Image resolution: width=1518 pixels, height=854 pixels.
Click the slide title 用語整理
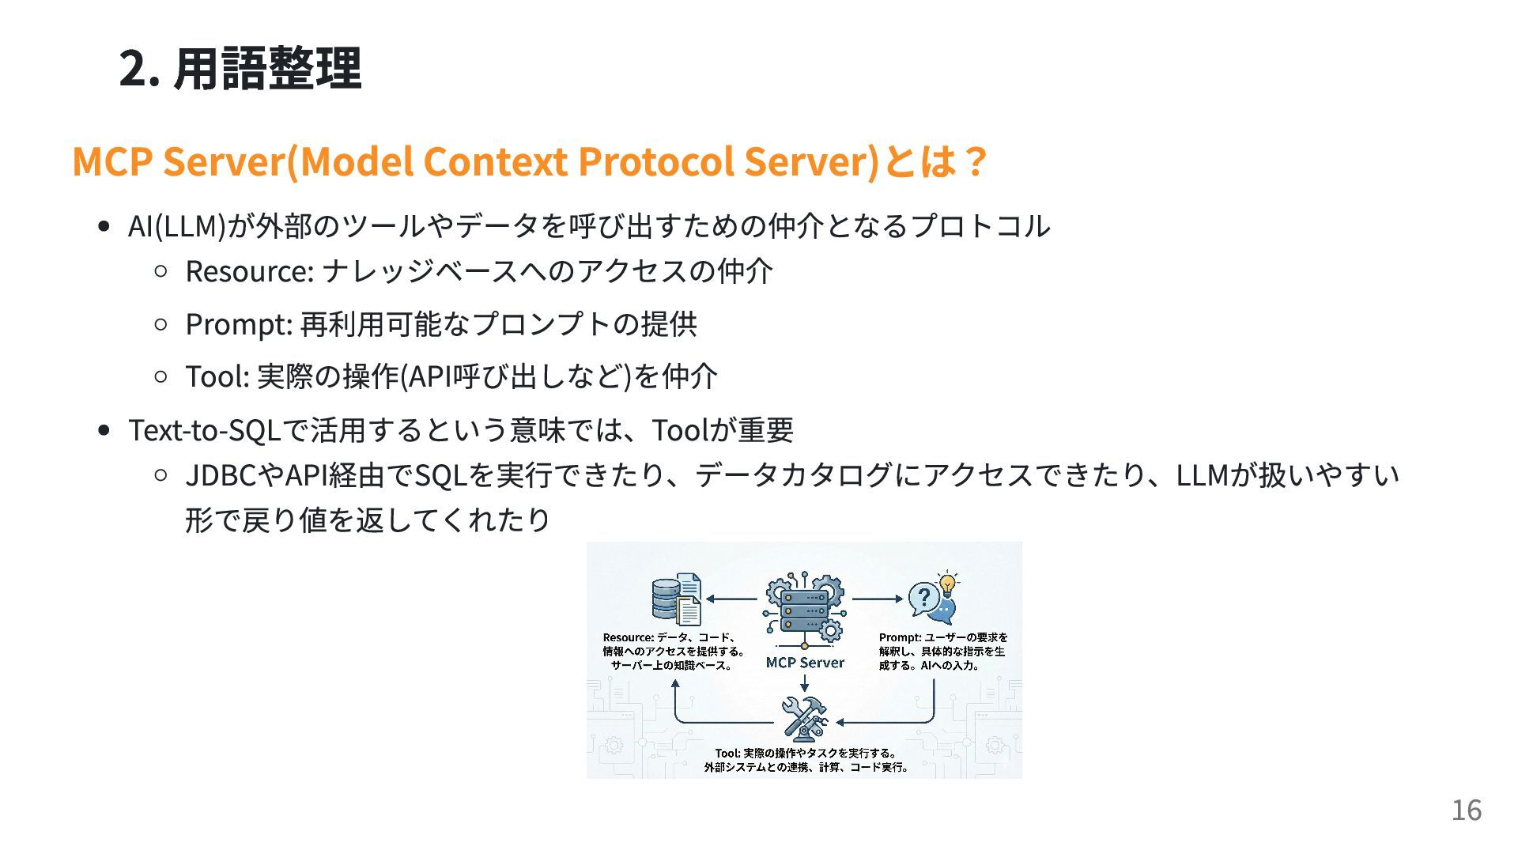coord(267,69)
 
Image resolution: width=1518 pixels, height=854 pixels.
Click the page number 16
coord(1466,811)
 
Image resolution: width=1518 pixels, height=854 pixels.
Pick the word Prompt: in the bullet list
coord(239,324)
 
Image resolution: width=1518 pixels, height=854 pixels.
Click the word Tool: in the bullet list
coord(217,376)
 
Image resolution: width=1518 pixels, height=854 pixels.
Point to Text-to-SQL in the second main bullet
coord(204,430)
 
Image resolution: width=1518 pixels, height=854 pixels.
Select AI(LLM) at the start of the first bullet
coord(176,226)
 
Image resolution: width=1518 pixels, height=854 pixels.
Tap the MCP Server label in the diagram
coord(805,663)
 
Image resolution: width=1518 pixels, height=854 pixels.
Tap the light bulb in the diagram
coord(946,584)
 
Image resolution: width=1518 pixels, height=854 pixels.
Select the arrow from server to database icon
coord(731,599)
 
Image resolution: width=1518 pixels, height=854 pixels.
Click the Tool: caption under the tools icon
coord(728,753)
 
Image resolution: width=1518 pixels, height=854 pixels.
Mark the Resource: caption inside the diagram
coord(628,637)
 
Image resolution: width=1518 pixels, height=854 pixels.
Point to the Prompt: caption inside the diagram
coord(900,637)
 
